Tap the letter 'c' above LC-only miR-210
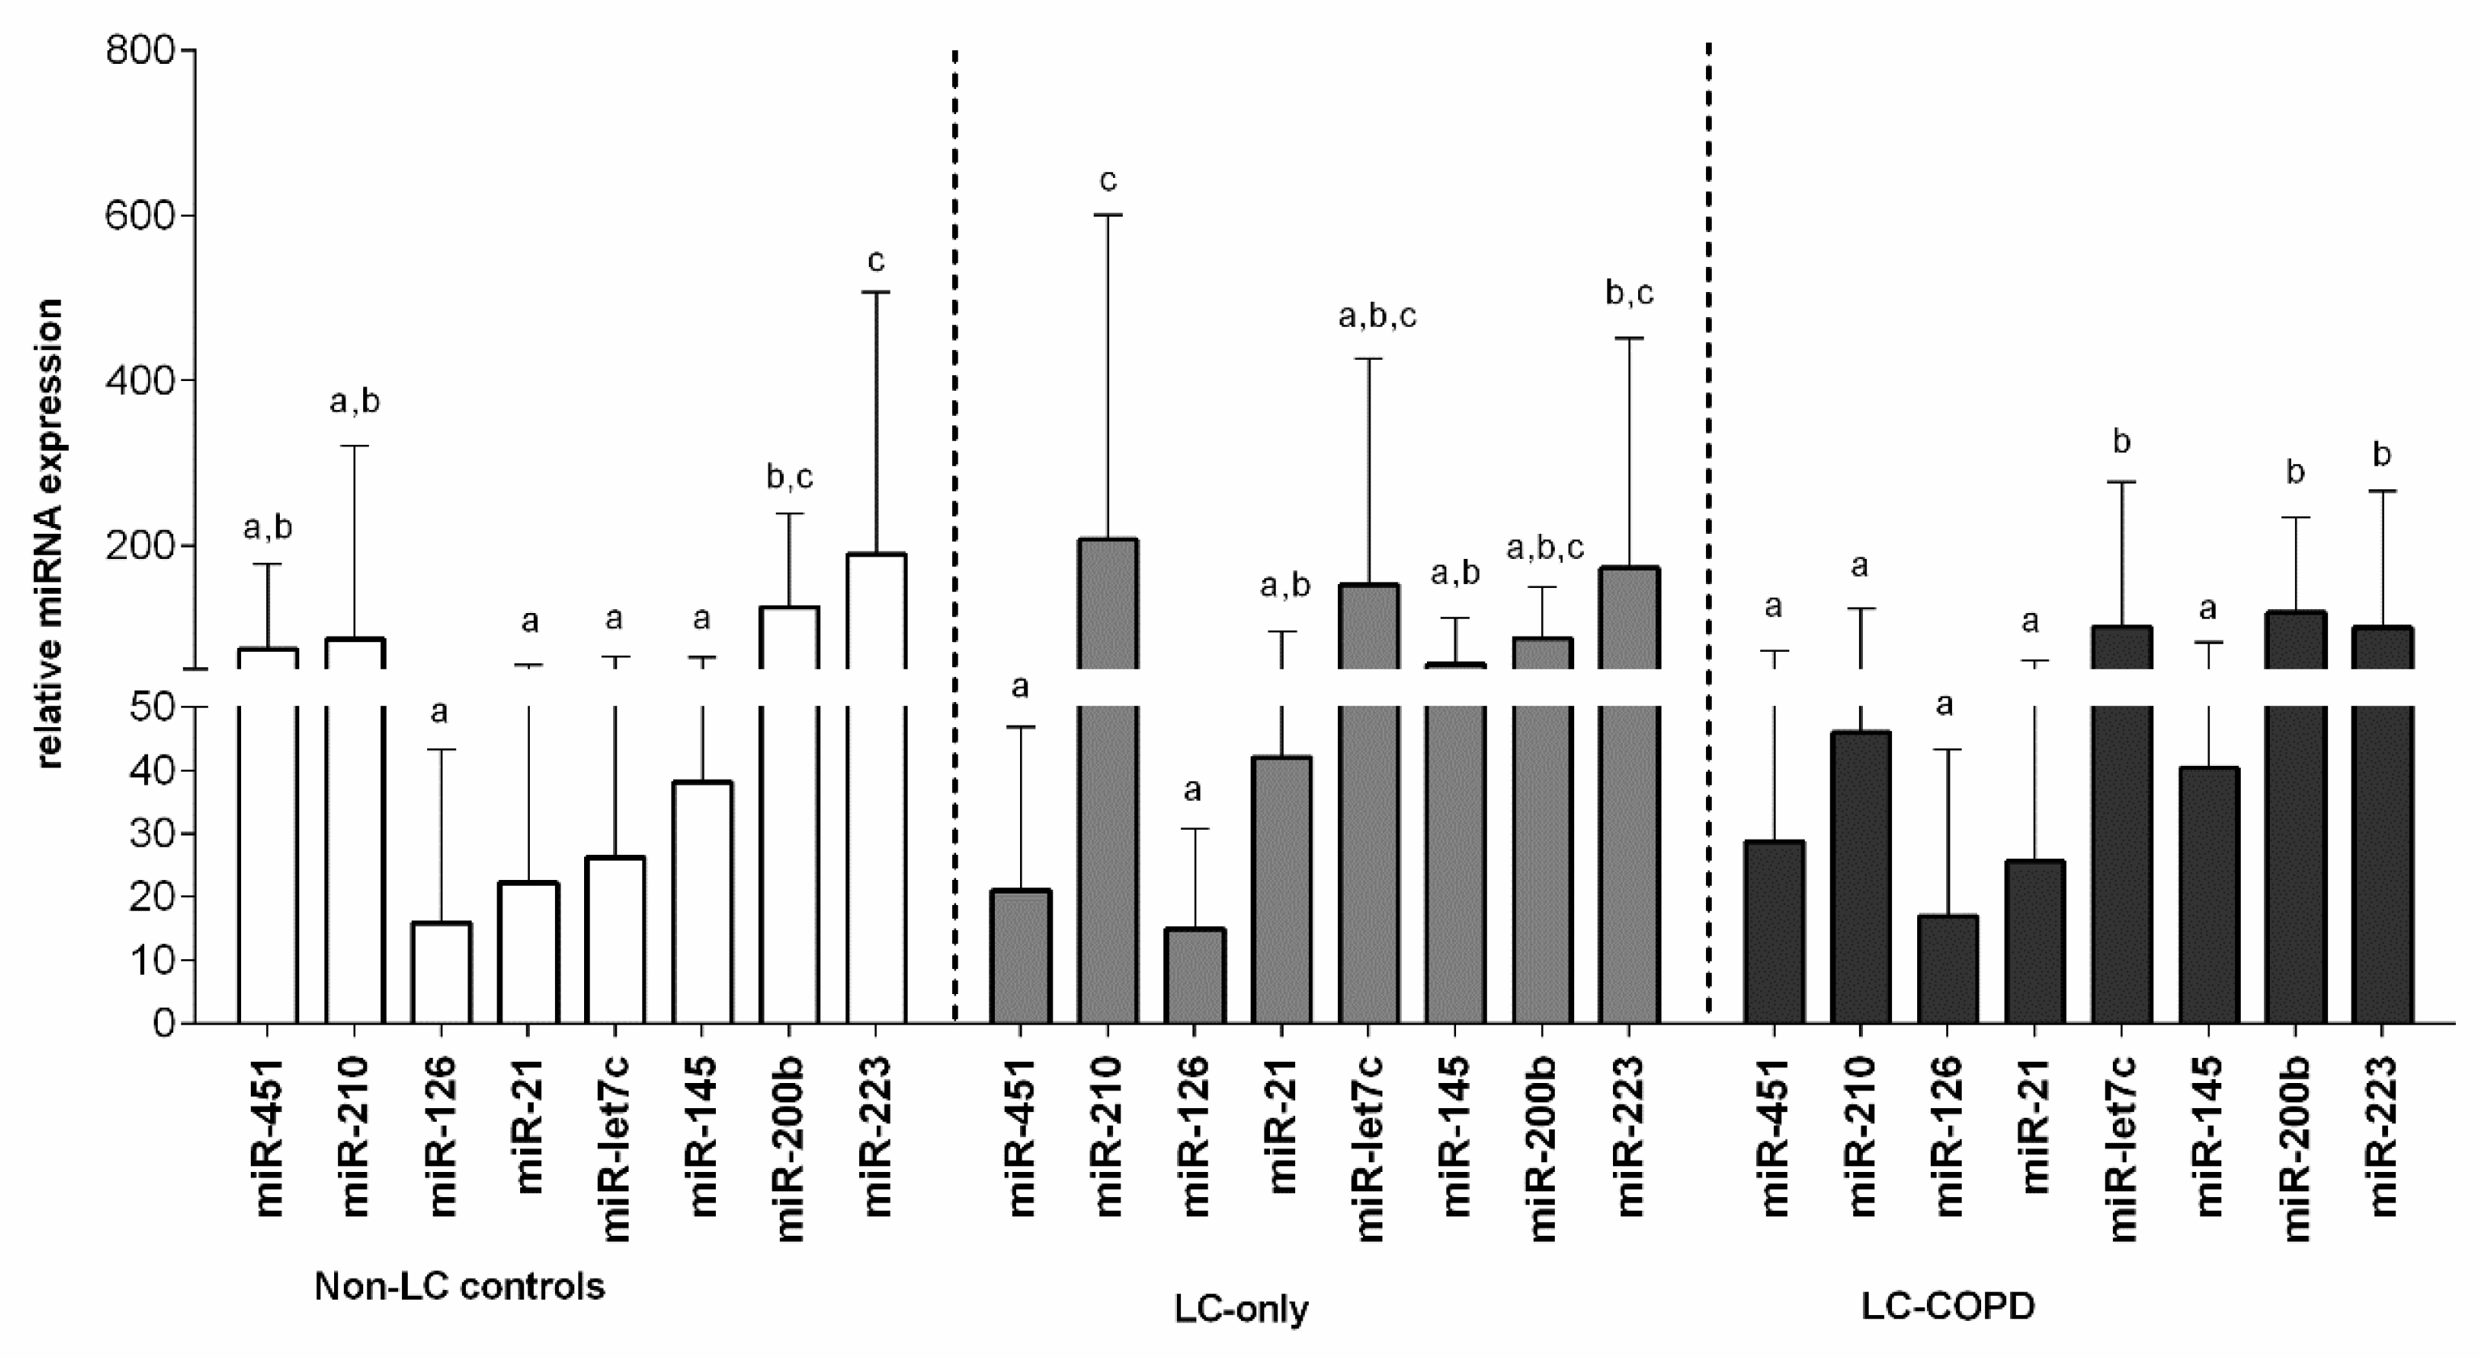pos(1107,180)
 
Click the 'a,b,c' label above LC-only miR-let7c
pos(1378,316)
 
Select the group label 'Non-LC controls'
pos(459,1287)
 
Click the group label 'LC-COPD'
pos(1947,1306)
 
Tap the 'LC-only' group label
pos(1241,1309)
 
